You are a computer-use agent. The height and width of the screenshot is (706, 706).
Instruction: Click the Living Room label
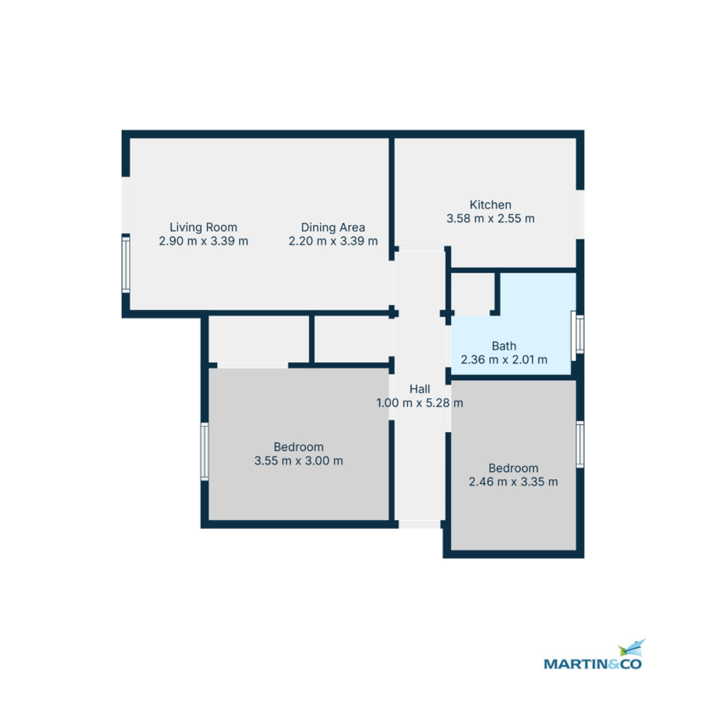coord(204,227)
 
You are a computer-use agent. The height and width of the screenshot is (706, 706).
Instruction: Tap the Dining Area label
coord(333,227)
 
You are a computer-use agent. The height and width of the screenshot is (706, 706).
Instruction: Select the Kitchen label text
coord(490,205)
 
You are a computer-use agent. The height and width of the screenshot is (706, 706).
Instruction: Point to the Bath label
coord(504,346)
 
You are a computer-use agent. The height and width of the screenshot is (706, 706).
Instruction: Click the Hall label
coord(419,389)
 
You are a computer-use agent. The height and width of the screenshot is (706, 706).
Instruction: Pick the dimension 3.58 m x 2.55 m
coord(490,219)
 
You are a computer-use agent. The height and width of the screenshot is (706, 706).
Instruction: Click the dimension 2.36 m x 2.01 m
coord(504,359)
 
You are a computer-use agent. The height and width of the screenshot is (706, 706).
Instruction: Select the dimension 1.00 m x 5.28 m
coord(419,403)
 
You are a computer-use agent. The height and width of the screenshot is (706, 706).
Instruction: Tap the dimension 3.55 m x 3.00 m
coord(298,461)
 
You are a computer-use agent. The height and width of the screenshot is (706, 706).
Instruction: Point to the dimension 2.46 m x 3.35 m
coord(513,482)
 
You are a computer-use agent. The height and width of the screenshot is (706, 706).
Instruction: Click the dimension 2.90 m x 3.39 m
coord(204,241)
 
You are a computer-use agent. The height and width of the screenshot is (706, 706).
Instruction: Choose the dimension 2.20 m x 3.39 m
coord(333,241)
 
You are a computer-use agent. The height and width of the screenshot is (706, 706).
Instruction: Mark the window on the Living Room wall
coord(125,264)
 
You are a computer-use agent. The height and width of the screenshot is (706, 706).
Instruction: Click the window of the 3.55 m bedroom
coord(205,451)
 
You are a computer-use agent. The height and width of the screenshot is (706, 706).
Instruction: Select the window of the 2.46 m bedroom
coord(580,444)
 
